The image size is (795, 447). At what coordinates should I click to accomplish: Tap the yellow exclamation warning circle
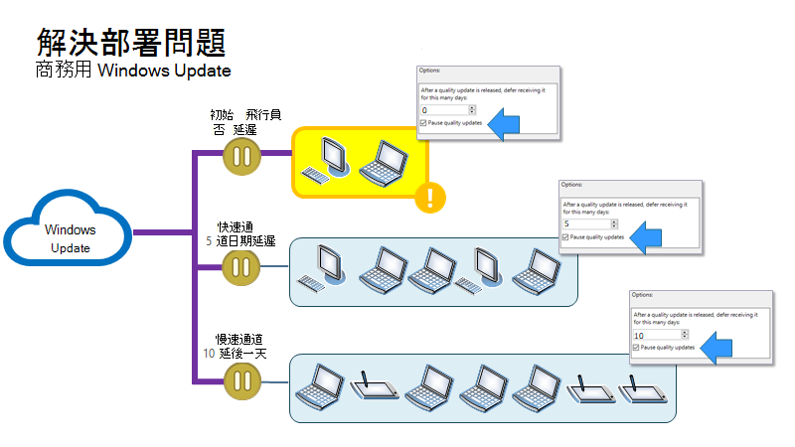point(429,198)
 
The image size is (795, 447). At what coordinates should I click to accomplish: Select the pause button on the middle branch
point(241,267)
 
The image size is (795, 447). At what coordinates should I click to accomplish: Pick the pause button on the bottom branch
point(241,380)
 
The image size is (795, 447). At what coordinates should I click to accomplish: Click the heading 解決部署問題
point(130,41)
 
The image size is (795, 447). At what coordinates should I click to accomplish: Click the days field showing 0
point(445,110)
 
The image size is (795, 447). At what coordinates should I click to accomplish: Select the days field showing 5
point(587,224)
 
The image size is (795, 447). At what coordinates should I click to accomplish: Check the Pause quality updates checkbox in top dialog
point(423,123)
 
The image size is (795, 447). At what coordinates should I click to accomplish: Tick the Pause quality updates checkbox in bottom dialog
point(636,349)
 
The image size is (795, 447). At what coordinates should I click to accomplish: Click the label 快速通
point(237,227)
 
